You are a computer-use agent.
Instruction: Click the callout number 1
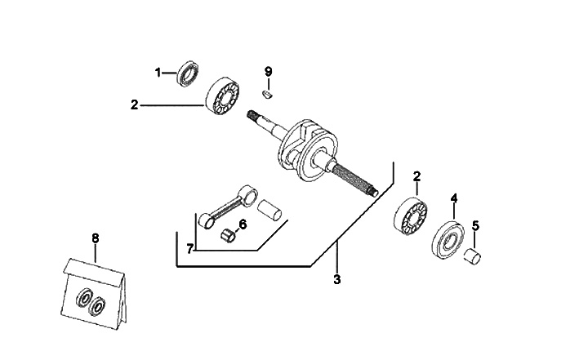coord(158,73)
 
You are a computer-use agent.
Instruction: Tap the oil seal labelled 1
coord(188,73)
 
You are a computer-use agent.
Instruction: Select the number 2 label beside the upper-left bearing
coord(135,104)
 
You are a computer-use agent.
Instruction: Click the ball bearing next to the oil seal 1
coord(223,96)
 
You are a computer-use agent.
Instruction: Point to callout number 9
coord(268,72)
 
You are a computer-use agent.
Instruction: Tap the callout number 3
coord(336,279)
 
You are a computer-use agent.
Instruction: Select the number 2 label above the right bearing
coord(416,176)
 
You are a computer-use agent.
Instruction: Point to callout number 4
coord(454,198)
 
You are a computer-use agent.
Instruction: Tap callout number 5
coord(476,225)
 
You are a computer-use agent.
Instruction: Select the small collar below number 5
coord(472,258)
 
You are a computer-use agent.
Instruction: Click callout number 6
coord(243,224)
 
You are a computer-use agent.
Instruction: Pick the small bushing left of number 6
coord(229,237)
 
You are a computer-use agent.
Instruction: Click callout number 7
coord(189,248)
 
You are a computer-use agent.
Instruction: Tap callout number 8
coord(95,238)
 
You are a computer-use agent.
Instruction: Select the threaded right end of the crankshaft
coord(359,180)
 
